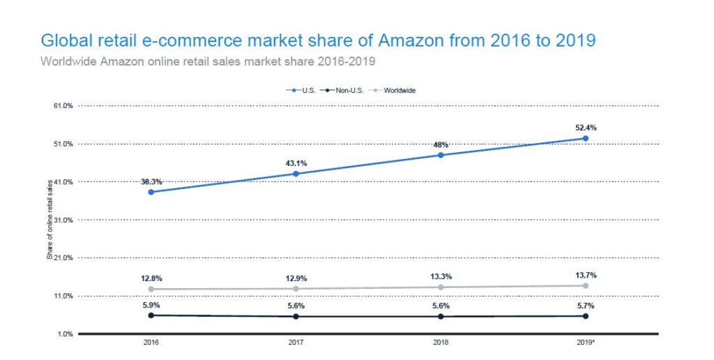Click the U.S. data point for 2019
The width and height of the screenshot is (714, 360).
[585, 138]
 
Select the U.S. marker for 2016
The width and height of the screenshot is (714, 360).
[151, 192]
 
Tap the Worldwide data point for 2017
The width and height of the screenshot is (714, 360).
[296, 288]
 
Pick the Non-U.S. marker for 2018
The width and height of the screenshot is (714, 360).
[441, 316]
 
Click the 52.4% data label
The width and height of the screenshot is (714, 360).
[585, 128]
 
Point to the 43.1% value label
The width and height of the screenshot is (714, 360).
[296, 163]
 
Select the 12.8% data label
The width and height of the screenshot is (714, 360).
[151, 278]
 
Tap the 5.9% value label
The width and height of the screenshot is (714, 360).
[151, 305]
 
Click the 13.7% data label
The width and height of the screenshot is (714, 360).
[585, 275]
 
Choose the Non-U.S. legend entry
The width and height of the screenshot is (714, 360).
[337, 90]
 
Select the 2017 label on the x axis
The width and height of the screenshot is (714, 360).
[296, 343]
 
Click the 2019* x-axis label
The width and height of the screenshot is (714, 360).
[586, 343]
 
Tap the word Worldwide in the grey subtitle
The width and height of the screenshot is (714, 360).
[69, 61]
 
